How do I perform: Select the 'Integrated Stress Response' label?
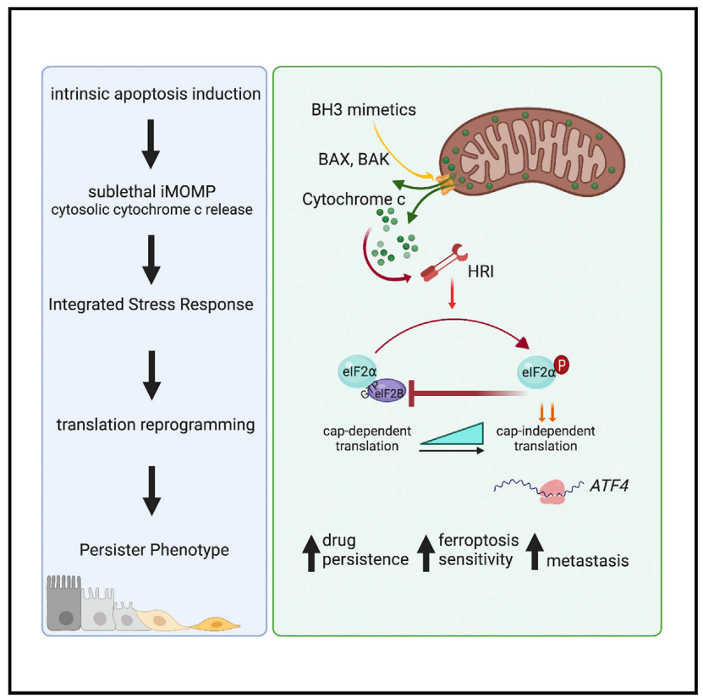[x=152, y=303]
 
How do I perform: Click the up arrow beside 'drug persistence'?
[x=310, y=551]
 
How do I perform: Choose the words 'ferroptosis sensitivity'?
[x=476, y=550]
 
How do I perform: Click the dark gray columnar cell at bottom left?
[x=63, y=606]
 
